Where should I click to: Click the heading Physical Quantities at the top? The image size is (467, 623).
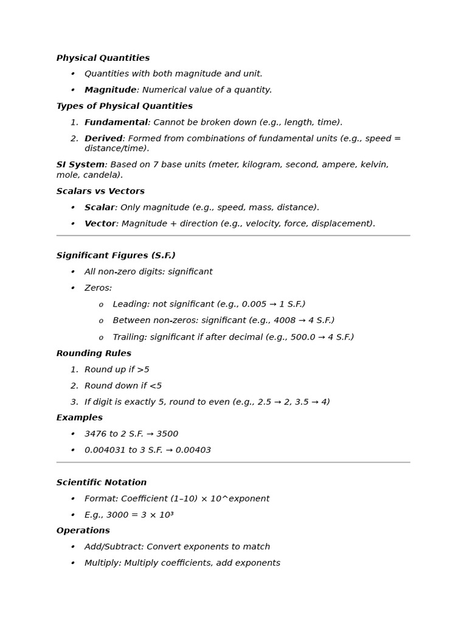[x=103, y=58]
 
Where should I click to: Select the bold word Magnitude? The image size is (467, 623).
[x=110, y=90]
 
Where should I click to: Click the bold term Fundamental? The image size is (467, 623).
[x=116, y=122]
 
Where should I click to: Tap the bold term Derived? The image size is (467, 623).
[x=103, y=139]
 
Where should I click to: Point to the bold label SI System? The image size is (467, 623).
[x=80, y=165]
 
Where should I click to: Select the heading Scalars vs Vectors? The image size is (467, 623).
[x=100, y=191]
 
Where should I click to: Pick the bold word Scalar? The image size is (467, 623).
[x=99, y=207]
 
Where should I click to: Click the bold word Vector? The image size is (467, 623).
[x=100, y=224]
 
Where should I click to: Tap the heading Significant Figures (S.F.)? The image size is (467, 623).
[x=116, y=256]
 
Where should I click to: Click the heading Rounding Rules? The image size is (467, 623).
[x=94, y=353]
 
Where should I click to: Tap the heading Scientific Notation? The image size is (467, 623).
[x=102, y=482]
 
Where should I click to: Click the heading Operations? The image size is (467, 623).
[x=83, y=531]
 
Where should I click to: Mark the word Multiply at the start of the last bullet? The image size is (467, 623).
[x=102, y=563]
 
